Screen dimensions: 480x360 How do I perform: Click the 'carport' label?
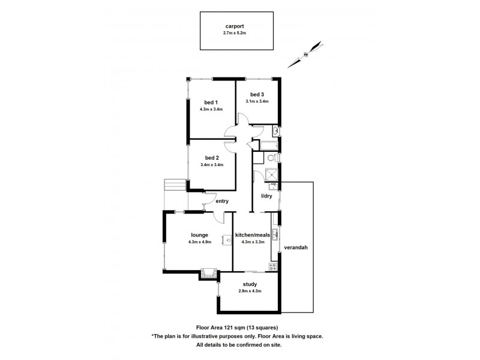coord(235,26)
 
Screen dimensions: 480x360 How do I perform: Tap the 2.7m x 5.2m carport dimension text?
coord(235,33)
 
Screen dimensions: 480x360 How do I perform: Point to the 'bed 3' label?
coord(257,94)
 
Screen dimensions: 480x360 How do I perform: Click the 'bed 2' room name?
coord(211,157)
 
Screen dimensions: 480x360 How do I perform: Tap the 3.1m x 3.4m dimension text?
coord(257,101)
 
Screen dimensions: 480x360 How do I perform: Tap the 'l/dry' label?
coord(266,196)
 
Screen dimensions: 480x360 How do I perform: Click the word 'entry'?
coord(222,201)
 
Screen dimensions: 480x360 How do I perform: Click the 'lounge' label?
coord(200,235)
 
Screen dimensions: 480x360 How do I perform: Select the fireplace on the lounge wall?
coord(209,274)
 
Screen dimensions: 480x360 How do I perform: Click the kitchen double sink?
coord(274,233)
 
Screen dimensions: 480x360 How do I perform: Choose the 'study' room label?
coord(250,284)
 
